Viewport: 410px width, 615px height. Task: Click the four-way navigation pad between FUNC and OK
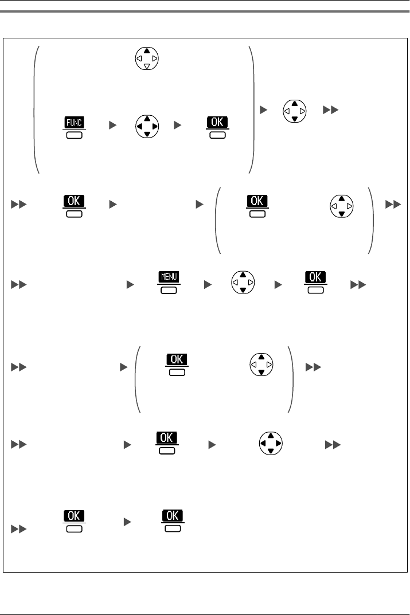147,127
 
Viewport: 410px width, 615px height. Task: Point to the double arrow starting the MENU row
17,283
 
